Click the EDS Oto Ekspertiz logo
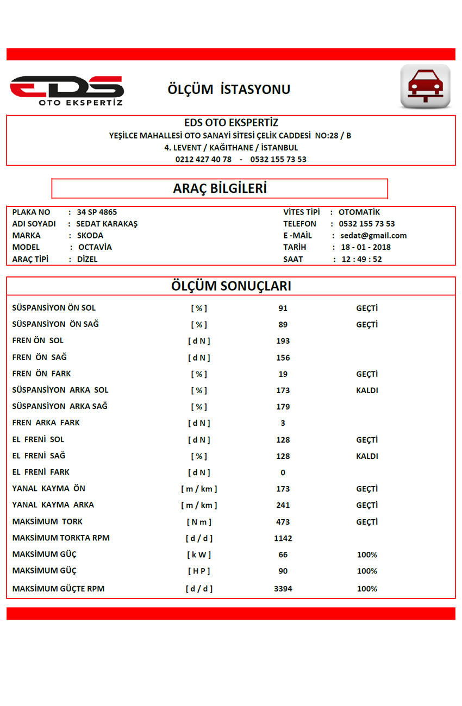click(x=66, y=90)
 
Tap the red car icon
click(x=425, y=86)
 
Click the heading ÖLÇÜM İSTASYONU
click(x=229, y=90)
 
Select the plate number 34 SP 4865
click(x=97, y=212)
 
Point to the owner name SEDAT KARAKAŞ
click(x=107, y=224)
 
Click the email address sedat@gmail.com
click(x=373, y=236)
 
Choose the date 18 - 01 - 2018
click(x=366, y=247)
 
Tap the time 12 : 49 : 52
click(x=361, y=259)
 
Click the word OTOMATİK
click(x=359, y=212)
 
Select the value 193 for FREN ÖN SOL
click(x=283, y=341)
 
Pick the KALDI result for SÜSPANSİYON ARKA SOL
click(x=367, y=390)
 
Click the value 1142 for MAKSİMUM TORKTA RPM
click(x=283, y=538)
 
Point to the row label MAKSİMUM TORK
click(x=47, y=521)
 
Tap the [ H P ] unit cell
click(x=199, y=571)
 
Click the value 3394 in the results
click(x=283, y=589)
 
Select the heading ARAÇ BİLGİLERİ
click(x=220, y=188)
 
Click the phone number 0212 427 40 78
click(x=203, y=160)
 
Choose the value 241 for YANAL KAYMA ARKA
click(x=283, y=505)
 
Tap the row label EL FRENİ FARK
click(x=41, y=472)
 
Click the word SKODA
click(x=90, y=236)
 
